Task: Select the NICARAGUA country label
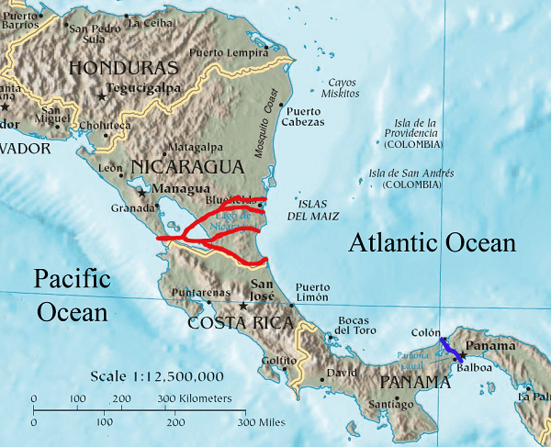click(187, 166)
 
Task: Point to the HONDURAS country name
click(123, 68)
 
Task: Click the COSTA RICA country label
click(241, 323)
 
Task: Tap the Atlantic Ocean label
click(432, 243)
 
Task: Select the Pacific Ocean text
click(73, 295)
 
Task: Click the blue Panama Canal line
click(450, 349)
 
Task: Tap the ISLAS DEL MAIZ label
click(314, 209)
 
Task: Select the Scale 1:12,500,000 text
click(155, 377)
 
